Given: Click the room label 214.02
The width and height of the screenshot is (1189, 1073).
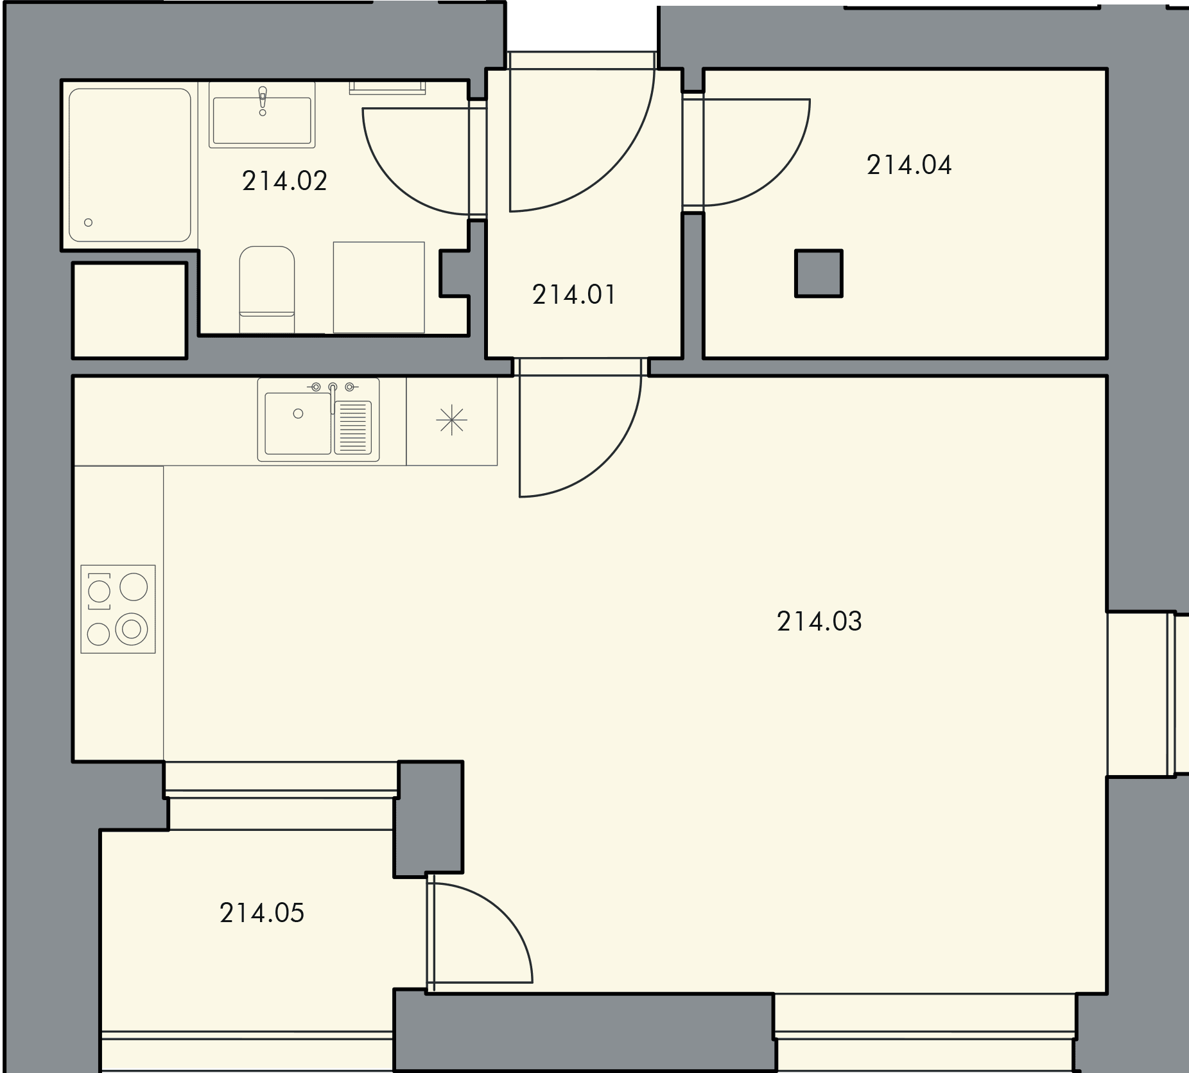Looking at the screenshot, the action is (x=284, y=181).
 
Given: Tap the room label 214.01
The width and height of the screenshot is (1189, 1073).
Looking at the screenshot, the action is (x=574, y=295).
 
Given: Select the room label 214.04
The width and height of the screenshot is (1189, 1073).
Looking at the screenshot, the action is (x=909, y=165).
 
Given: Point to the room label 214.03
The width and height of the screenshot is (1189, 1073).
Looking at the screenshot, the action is (x=819, y=621).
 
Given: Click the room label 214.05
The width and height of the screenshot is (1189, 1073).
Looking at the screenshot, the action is (x=262, y=912).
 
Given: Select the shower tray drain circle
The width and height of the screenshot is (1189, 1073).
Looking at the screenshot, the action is (x=89, y=223).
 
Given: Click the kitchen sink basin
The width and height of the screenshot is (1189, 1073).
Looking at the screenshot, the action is (x=298, y=423).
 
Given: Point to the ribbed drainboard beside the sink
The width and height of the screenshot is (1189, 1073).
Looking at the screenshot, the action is (x=353, y=426).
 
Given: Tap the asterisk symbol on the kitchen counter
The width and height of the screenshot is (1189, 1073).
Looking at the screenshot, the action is (x=452, y=421).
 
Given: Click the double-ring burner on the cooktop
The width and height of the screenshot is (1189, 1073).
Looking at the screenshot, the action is (x=132, y=629).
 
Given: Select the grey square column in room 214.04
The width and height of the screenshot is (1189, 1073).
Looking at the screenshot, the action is (x=819, y=274).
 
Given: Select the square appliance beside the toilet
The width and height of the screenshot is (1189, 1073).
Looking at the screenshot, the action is (x=379, y=287).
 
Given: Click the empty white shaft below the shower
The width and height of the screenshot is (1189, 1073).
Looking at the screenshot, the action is (x=130, y=310).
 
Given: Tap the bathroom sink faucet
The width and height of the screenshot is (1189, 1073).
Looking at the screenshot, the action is (x=263, y=101).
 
